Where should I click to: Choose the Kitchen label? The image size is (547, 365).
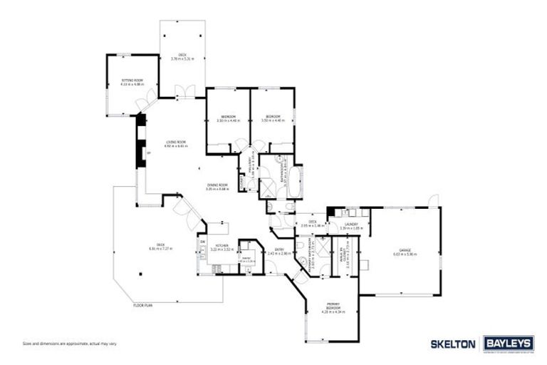(221, 245)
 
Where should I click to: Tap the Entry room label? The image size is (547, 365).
(276, 250)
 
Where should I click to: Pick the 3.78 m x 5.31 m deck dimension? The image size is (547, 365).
(182, 58)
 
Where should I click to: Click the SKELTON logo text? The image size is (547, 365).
(453, 344)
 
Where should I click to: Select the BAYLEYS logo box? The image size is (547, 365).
(509, 344)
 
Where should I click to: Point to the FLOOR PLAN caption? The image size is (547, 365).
(143, 305)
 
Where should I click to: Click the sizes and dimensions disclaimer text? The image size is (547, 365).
(70, 344)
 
